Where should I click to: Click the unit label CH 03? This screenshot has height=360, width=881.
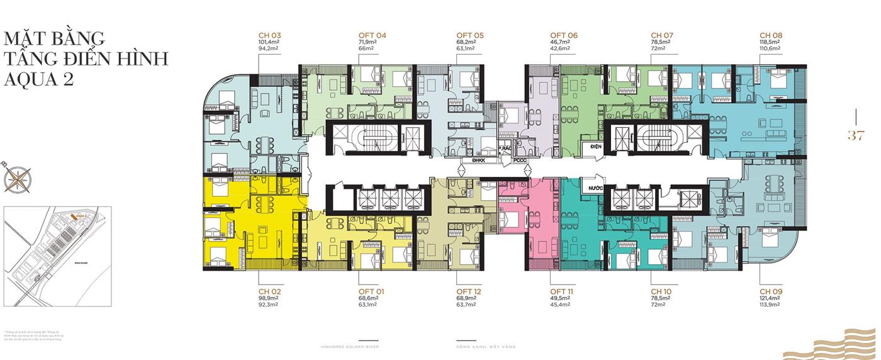tap(270, 35)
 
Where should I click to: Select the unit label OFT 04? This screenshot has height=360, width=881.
tap(372, 35)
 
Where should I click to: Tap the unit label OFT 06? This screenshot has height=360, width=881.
tap(564, 35)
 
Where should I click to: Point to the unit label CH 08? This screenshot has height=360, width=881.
tap(771, 35)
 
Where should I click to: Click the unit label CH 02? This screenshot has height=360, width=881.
tap(270, 291)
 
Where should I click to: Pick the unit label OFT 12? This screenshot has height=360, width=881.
tap(469, 291)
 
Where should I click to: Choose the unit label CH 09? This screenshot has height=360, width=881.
tap(771, 291)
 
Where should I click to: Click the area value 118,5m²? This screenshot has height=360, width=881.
tap(770, 42)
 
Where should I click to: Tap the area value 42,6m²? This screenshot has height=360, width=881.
tap(559, 48)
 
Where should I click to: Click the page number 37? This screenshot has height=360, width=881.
tap(855, 135)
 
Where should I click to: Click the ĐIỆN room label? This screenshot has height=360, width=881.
tap(595, 146)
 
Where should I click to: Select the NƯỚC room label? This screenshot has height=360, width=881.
tap(595, 188)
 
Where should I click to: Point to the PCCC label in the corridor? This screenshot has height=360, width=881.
tap(520, 160)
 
